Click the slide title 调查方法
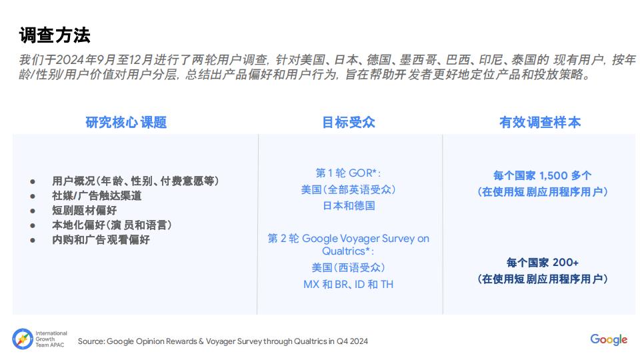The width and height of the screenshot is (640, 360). pyautogui.click(x=55, y=35)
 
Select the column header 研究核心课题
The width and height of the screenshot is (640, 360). pyautogui.click(x=126, y=122)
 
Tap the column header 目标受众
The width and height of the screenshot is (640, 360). pyautogui.click(x=349, y=122)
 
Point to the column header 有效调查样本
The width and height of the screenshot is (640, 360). pyautogui.click(x=540, y=122)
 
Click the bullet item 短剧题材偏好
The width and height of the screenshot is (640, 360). pyautogui.click(x=85, y=210)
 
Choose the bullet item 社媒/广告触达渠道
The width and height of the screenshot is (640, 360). pyautogui.click(x=97, y=195)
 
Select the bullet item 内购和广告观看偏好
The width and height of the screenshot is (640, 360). pyautogui.click(x=101, y=239)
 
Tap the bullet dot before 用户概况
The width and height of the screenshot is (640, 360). pyautogui.click(x=33, y=181)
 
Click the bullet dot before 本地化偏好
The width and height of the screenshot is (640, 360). pyautogui.click(x=33, y=226)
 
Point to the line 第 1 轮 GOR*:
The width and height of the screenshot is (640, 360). pyautogui.click(x=348, y=173)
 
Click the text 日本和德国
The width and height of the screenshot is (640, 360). pyautogui.click(x=349, y=205)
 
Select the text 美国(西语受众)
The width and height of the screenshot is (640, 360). pyautogui.click(x=348, y=267)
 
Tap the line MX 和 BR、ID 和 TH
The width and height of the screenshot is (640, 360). pyautogui.click(x=348, y=284)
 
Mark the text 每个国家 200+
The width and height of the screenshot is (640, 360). pyautogui.click(x=543, y=262)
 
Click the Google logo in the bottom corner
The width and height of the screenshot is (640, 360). pyautogui.click(x=609, y=339)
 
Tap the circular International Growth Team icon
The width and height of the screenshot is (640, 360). pyautogui.click(x=23, y=339)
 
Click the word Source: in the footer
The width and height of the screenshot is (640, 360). pyautogui.click(x=91, y=341)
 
